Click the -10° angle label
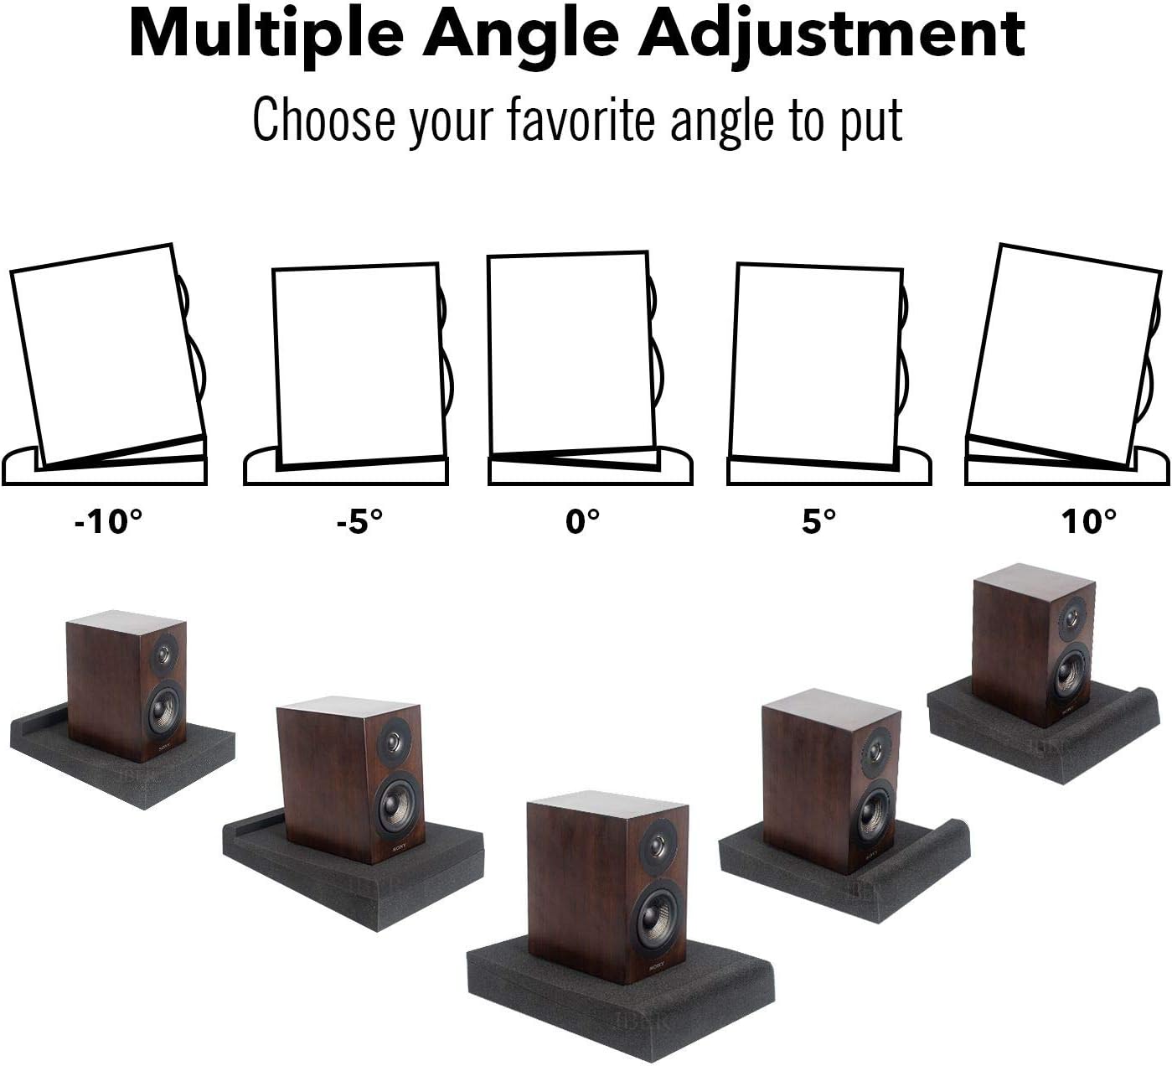pos(108,521)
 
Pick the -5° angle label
pos(359,521)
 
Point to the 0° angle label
pos(583,521)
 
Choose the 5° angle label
pos(818,521)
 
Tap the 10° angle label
pos(1089,521)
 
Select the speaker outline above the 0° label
pos(570,352)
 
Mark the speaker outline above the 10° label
pos(1064,352)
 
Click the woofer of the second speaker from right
pos(874,813)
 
